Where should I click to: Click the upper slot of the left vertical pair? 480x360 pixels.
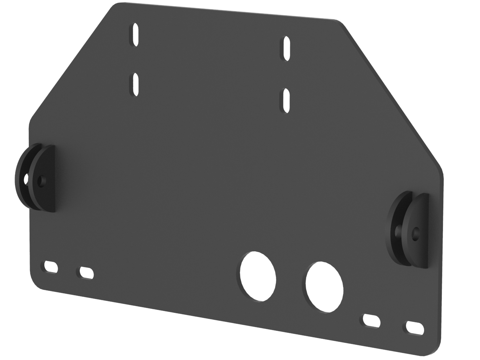coord(136,34)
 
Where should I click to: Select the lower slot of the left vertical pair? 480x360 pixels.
coord(136,85)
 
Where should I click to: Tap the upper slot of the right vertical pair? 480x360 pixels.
coord(287,48)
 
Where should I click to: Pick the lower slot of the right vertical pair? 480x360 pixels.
coord(287,100)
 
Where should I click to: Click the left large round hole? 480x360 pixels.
coord(258,276)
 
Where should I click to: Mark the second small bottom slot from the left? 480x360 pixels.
coord(86,273)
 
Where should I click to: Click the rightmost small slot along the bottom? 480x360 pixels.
coord(414,327)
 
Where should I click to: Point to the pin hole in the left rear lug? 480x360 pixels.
coord(26,179)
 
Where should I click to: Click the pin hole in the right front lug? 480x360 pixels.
coord(415,234)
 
